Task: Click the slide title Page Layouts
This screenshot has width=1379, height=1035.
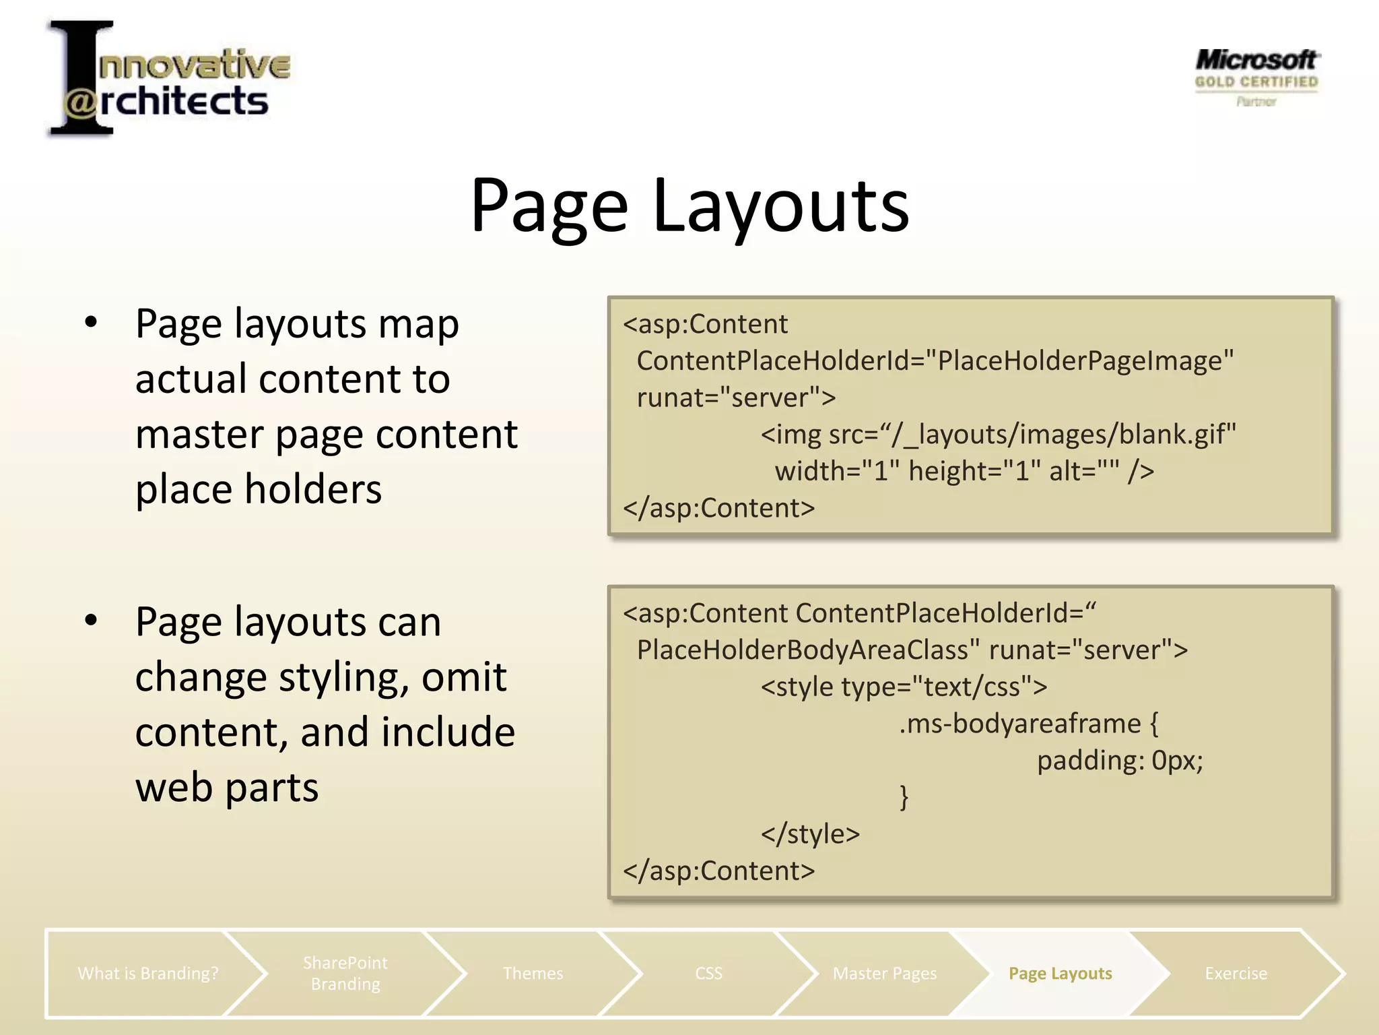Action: coord(689,205)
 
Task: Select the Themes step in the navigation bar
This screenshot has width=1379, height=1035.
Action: coord(533,973)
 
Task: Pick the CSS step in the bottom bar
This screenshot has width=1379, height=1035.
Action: coord(708,973)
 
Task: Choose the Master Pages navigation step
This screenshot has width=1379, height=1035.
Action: coord(884,973)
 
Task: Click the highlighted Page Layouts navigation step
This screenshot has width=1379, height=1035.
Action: coord(1060,973)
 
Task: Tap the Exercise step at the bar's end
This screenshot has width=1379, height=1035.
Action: coord(1236,973)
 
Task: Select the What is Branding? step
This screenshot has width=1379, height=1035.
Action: coord(148,973)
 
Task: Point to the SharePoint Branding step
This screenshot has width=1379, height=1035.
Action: coord(345,973)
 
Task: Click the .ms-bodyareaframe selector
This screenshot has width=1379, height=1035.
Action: coord(1019,724)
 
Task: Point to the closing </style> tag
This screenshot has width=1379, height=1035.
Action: coord(810,834)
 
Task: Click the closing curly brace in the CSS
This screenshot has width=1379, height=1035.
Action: coord(904,797)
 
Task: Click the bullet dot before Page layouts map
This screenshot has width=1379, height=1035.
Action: coord(92,323)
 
